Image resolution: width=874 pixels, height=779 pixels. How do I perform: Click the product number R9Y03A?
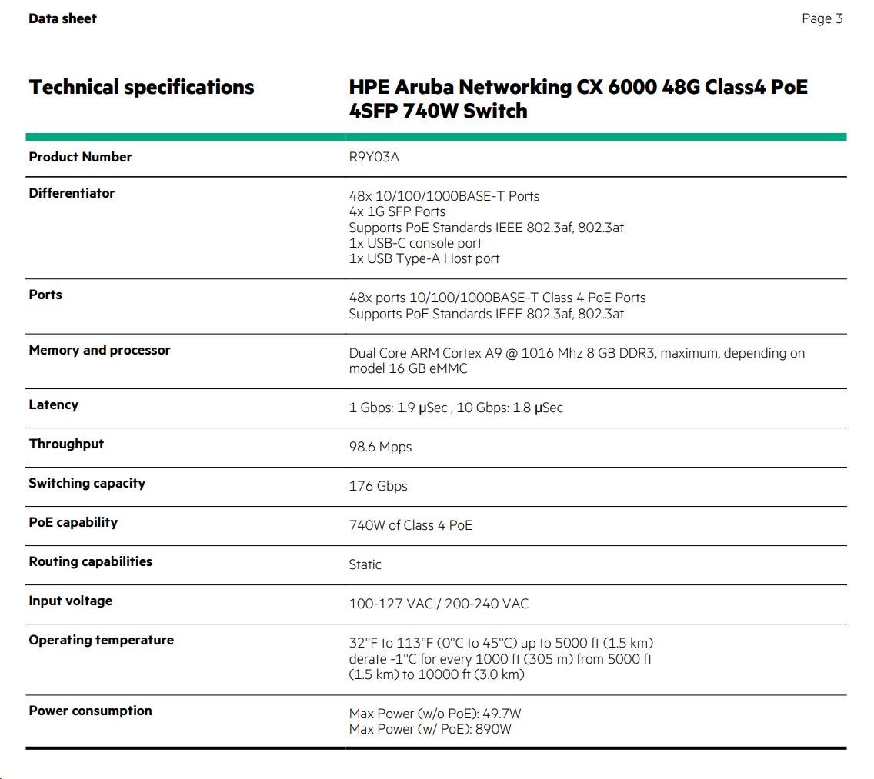tap(374, 158)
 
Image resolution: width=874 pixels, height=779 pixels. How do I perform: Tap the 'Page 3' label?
tap(822, 18)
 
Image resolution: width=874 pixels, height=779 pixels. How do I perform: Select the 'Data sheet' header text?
tap(62, 18)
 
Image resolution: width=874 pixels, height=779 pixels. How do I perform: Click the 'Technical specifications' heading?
tap(142, 87)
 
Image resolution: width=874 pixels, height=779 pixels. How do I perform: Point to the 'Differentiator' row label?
tap(72, 193)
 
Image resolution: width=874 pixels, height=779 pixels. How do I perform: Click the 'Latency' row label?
tap(53, 404)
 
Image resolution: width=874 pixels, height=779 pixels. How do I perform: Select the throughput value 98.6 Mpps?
tap(380, 447)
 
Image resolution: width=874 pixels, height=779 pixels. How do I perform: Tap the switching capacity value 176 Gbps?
tap(378, 486)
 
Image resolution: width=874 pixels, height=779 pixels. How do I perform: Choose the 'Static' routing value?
tap(365, 564)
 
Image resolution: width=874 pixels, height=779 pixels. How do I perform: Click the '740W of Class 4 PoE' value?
tap(410, 525)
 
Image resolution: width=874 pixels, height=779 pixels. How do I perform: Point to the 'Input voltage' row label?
tap(70, 601)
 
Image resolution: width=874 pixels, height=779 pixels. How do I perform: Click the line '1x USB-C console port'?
tap(415, 243)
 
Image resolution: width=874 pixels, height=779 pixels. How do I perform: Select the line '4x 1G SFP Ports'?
tap(397, 211)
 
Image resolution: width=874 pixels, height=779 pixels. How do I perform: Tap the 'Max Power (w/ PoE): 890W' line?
tap(429, 729)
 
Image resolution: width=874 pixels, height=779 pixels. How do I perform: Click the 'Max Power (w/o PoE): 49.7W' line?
tap(435, 714)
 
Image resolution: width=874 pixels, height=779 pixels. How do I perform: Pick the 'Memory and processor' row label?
tap(99, 350)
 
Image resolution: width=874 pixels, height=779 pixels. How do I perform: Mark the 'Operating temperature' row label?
tap(101, 640)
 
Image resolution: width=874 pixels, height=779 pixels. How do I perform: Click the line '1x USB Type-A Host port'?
tap(424, 258)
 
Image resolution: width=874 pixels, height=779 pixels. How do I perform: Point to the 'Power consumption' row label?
tap(90, 711)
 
